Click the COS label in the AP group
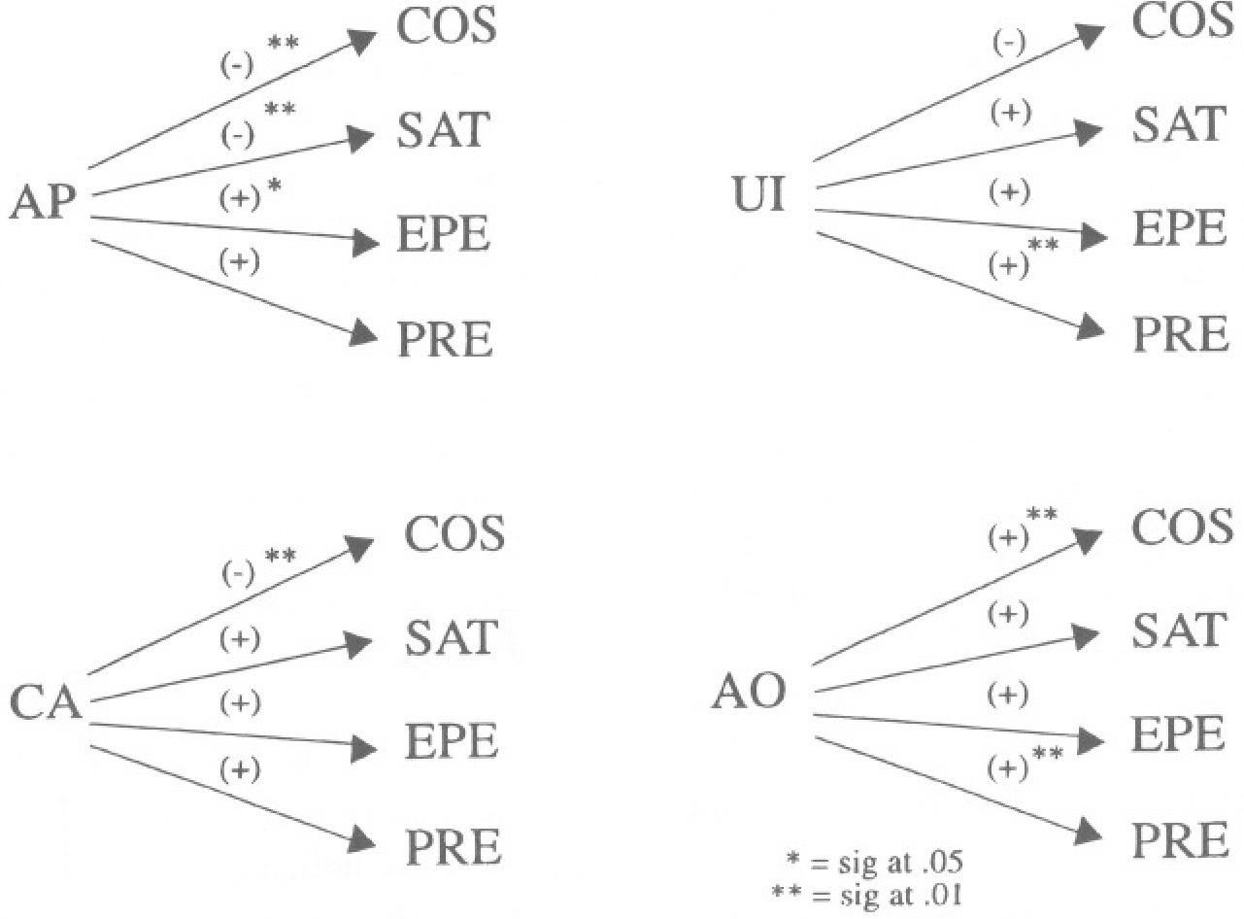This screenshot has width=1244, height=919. pyautogui.click(x=447, y=29)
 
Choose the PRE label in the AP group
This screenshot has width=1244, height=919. pyautogui.click(x=444, y=339)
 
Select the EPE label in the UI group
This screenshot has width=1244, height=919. pyautogui.click(x=1178, y=229)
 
